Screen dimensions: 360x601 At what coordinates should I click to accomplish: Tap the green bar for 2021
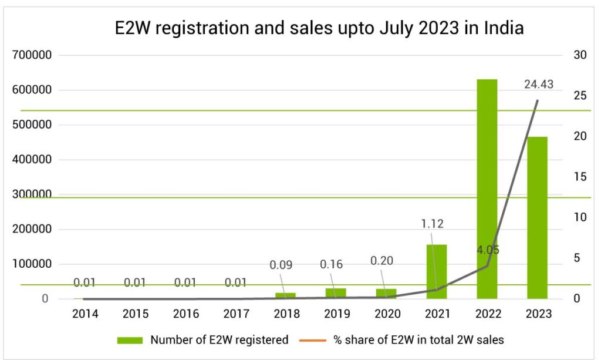[x=437, y=271]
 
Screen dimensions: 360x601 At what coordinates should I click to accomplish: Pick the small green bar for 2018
[x=285, y=295]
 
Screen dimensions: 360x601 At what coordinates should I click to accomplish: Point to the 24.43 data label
[x=539, y=85]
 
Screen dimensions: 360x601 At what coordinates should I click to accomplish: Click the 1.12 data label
[x=432, y=223]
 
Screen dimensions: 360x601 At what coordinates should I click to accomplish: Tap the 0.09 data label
[x=281, y=264]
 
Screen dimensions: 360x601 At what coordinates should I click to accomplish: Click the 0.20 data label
[x=382, y=261]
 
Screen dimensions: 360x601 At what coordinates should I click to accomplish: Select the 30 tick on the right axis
[x=580, y=55]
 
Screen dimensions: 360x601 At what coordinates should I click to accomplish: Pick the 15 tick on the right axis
[x=580, y=177]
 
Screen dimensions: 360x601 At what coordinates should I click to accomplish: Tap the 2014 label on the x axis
[x=85, y=314]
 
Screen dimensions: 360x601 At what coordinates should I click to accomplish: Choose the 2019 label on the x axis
[x=337, y=314]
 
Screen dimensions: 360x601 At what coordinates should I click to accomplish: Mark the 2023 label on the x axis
[x=538, y=314]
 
